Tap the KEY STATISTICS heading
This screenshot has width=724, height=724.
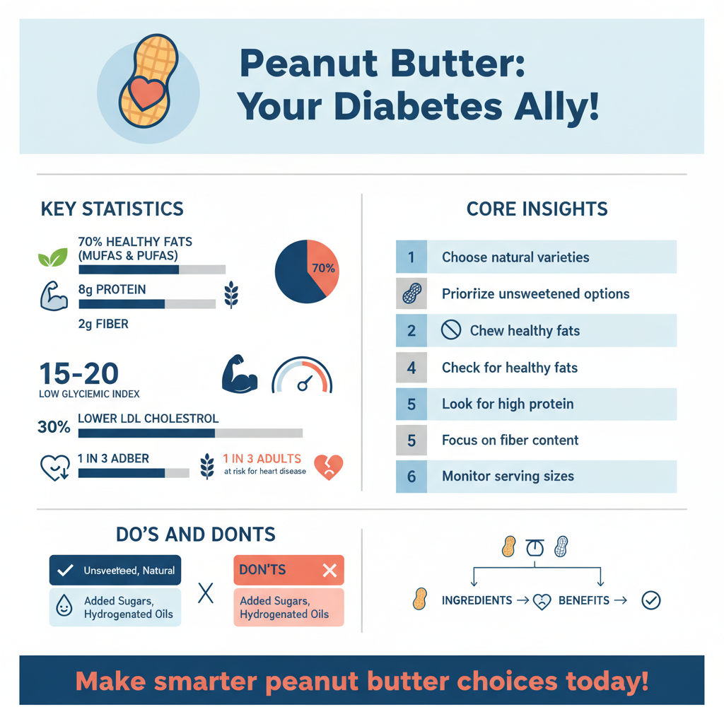(x=112, y=209)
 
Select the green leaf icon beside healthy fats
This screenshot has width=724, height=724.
(x=52, y=257)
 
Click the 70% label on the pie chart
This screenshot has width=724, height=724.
(x=323, y=269)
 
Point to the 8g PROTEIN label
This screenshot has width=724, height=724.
(x=112, y=289)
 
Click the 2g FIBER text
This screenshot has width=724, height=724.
(x=103, y=325)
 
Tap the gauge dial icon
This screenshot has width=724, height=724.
(x=301, y=375)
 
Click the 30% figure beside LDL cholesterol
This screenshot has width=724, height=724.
(x=54, y=427)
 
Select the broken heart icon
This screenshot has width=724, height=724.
(x=328, y=467)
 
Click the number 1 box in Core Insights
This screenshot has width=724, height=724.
(x=411, y=257)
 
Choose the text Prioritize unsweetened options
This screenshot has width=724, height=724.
(x=535, y=294)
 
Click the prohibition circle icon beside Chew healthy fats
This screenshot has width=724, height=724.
(x=450, y=330)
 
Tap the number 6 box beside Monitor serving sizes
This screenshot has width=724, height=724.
(x=411, y=477)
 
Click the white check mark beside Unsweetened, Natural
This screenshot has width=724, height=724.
(x=65, y=570)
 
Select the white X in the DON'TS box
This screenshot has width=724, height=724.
(x=329, y=571)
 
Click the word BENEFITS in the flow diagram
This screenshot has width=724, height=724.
(x=583, y=600)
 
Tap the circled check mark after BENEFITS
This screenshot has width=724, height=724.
(x=650, y=601)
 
